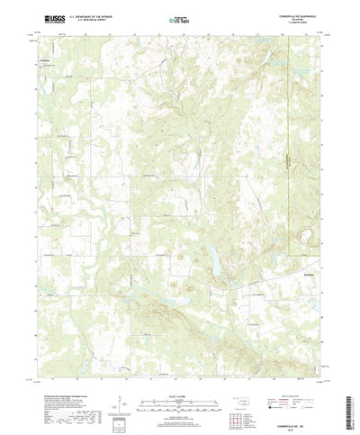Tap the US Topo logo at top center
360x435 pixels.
click(179, 17)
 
